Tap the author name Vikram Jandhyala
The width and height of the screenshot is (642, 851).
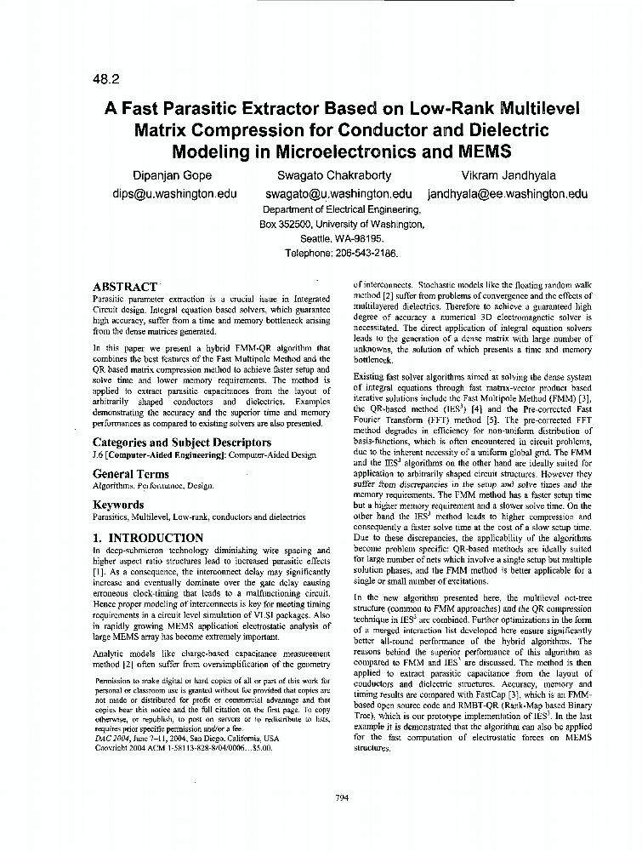click(508, 175)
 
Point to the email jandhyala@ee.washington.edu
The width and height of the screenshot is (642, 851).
click(507, 193)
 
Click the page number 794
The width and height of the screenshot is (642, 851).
click(343, 797)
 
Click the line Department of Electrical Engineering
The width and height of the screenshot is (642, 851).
click(342, 209)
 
